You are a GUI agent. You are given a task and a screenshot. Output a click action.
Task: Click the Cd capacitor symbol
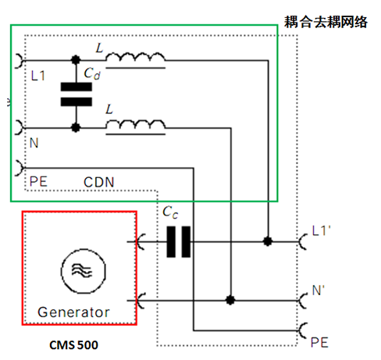(x=76, y=94)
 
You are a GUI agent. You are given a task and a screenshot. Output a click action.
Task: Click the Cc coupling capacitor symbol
(x=178, y=242)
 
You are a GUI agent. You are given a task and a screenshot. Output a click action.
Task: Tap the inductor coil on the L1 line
(x=135, y=58)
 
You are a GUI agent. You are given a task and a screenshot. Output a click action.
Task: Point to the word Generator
(x=73, y=312)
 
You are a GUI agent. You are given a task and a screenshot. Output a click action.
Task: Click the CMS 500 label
(x=73, y=345)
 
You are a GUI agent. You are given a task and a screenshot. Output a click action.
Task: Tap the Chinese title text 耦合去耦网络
(x=326, y=22)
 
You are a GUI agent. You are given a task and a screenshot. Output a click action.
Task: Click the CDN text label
(x=99, y=182)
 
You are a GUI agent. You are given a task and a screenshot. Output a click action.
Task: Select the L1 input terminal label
(x=38, y=76)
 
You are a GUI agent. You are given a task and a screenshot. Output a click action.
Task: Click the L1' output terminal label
(x=321, y=231)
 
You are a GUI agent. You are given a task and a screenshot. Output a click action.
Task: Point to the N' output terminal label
(x=319, y=290)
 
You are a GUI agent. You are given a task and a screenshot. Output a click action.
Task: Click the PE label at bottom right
(x=319, y=343)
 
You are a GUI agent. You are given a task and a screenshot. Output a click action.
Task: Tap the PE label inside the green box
(x=38, y=181)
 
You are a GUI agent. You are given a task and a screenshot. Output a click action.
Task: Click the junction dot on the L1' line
(x=268, y=241)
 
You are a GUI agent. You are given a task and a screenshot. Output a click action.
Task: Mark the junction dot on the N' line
(x=230, y=301)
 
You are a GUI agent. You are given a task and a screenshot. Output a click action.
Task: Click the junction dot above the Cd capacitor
(x=76, y=60)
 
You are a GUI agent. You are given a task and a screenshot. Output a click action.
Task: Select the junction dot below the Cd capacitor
(x=76, y=128)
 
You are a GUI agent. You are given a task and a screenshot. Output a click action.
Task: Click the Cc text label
(x=170, y=212)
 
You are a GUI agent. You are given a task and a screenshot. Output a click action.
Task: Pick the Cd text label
(x=92, y=73)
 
